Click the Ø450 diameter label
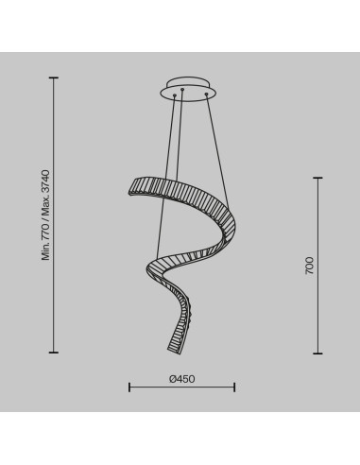coord(181,379)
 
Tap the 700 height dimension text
coord(310,266)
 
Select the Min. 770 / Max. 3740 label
coord(46,215)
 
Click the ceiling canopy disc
coord(188,89)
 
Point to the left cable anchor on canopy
coord(174,95)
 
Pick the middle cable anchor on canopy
coord(182,90)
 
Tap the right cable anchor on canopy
coord(207,94)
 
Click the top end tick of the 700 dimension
coord(317,178)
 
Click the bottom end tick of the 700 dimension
coord(317,353)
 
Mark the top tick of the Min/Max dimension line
coord(54,77)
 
